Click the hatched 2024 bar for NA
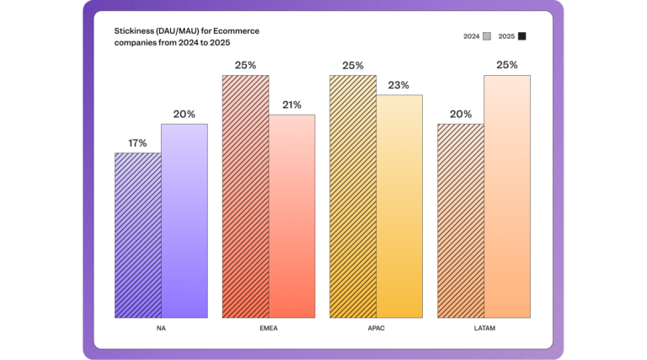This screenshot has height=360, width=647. (x=137, y=235)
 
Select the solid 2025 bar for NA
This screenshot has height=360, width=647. (x=184, y=221)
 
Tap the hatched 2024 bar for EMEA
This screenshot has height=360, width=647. (x=245, y=196)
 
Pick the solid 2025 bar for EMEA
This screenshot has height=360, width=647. (x=291, y=216)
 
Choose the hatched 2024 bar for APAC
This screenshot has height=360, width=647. (x=352, y=196)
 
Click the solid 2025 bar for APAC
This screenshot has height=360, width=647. (x=398, y=207)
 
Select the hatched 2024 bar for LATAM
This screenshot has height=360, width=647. (x=460, y=221)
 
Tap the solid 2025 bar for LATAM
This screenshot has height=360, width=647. (x=506, y=196)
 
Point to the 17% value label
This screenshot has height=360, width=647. (x=137, y=143)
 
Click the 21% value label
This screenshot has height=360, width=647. (x=291, y=105)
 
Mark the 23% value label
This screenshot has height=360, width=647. (x=398, y=85)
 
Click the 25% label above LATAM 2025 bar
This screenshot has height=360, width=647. (x=506, y=65)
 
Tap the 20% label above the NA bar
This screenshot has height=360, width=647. (x=184, y=115)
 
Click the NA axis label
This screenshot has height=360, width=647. (x=160, y=328)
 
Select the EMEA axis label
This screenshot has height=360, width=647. (x=268, y=328)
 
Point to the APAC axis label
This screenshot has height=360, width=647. (x=376, y=328)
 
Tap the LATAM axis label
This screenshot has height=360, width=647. (x=483, y=328)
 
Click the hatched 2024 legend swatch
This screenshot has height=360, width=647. (x=487, y=36)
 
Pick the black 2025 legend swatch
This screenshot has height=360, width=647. (x=522, y=36)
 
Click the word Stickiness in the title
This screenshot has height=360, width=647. (x=133, y=31)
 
